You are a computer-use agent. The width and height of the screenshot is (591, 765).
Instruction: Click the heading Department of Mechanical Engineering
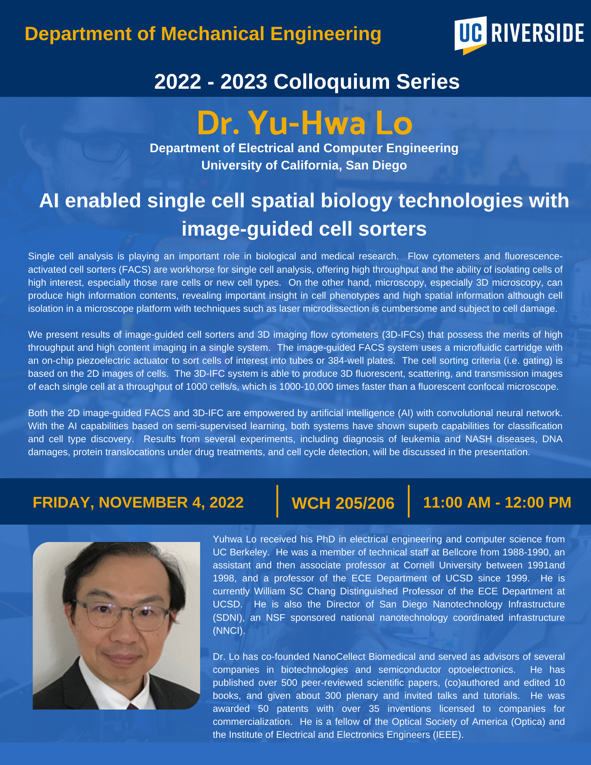tap(203, 34)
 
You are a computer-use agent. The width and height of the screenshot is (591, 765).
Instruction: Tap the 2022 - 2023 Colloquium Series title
tap(307, 81)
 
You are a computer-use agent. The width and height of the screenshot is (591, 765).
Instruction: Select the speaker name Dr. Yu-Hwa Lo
tap(305, 123)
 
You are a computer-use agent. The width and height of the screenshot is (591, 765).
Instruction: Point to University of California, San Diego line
tap(304, 165)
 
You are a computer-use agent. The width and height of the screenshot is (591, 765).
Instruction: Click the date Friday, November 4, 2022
tap(138, 502)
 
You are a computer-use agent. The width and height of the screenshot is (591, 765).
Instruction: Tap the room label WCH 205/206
tap(343, 503)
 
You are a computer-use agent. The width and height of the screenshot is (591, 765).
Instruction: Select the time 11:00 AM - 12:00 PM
tap(497, 502)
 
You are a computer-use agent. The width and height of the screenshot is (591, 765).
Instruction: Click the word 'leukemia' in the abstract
tap(421, 439)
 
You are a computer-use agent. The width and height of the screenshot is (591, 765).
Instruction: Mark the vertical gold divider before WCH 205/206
tap(277, 501)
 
